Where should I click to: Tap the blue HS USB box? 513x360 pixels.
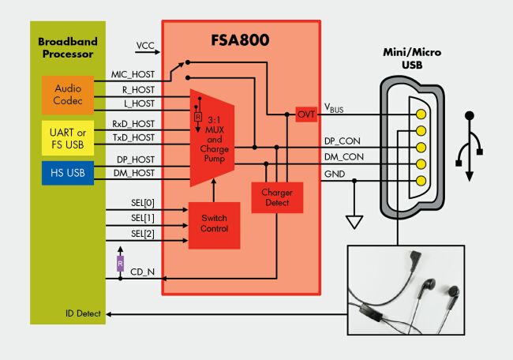pos(67,173)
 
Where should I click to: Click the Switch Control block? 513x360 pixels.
pos(213,225)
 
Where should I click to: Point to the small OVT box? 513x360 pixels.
pos(306,114)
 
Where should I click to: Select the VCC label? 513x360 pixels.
pos(146,45)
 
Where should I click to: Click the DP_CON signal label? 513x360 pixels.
pos(343,141)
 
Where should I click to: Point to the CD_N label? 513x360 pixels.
pos(143,272)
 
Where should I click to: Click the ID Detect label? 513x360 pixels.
pos(83,314)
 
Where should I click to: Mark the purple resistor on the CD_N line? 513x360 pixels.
pos(120,263)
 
